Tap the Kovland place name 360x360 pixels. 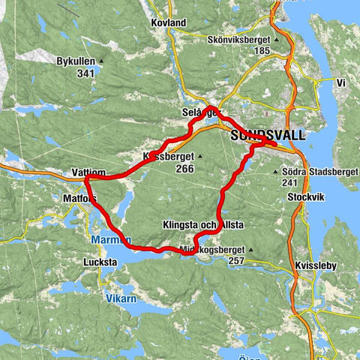168,23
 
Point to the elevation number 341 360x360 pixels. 85,73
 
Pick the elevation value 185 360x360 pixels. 261,50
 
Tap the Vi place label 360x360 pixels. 340,82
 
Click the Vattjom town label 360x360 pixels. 88,172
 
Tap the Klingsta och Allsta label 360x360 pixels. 203,224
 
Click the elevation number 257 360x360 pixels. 237,261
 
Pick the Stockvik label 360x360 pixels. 304,197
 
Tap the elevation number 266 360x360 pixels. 184,169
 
